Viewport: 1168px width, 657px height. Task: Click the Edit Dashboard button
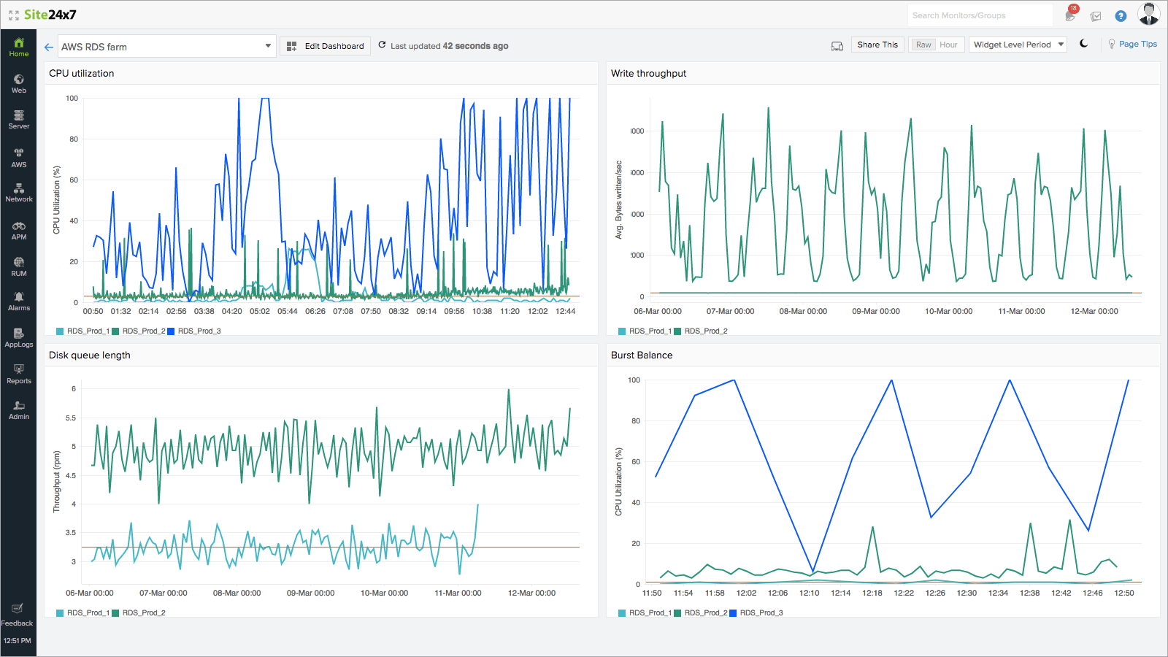tap(326, 46)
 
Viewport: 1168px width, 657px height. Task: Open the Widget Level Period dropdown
tap(1018, 45)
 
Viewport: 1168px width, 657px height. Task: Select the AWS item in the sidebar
tap(19, 157)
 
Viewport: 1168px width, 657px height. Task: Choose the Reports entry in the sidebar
tap(19, 373)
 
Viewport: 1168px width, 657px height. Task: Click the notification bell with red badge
tap(1070, 15)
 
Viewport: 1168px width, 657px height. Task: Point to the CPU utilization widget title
tap(81, 74)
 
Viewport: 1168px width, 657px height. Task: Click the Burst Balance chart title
tap(642, 356)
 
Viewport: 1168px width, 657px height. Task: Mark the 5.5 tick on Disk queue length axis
tap(71, 418)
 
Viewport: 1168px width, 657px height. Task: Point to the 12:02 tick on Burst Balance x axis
tap(746, 593)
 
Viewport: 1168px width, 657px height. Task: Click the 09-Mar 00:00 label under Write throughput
tap(875, 312)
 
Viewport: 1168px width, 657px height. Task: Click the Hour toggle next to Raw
tap(948, 45)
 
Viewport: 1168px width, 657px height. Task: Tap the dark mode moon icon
tap(1084, 44)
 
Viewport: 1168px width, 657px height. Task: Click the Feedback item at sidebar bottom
tap(18, 615)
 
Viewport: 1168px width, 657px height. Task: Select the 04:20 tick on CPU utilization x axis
tap(231, 312)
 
